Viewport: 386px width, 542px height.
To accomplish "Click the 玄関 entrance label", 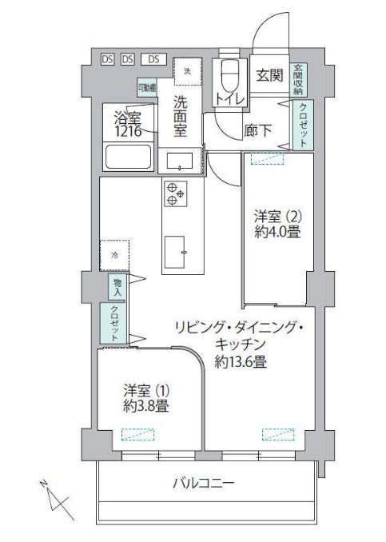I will pyautogui.click(x=269, y=75).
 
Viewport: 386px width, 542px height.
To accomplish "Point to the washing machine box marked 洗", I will pyautogui.click(x=189, y=73).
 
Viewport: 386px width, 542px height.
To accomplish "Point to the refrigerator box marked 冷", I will pyautogui.click(x=114, y=256).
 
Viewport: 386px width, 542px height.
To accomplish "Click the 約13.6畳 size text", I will pyautogui.click(x=241, y=361).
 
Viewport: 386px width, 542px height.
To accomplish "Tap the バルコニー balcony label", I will pyautogui.click(x=204, y=484).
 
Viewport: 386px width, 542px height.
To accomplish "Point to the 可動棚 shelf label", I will pyautogui.click(x=145, y=88).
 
